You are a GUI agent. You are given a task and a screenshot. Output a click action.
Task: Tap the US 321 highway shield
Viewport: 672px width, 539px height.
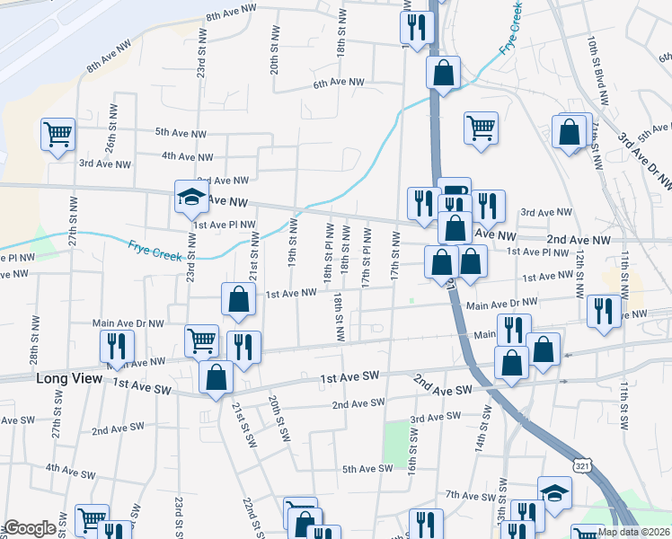(x=582, y=466)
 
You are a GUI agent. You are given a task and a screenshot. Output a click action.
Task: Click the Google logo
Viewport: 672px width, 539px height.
(x=30, y=528)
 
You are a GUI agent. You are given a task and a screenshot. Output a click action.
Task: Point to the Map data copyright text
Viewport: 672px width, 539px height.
(x=634, y=532)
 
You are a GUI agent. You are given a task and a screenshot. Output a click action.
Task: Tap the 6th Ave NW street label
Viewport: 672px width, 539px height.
(x=338, y=83)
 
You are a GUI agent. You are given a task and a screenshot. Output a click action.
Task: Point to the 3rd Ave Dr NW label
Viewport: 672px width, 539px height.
(x=644, y=163)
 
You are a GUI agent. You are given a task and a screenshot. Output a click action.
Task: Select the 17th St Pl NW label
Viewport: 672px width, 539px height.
(x=367, y=258)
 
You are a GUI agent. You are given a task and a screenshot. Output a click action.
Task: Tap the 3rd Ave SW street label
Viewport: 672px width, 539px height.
(x=433, y=419)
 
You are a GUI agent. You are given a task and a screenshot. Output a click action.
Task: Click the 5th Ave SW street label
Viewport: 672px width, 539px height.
(x=367, y=469)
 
